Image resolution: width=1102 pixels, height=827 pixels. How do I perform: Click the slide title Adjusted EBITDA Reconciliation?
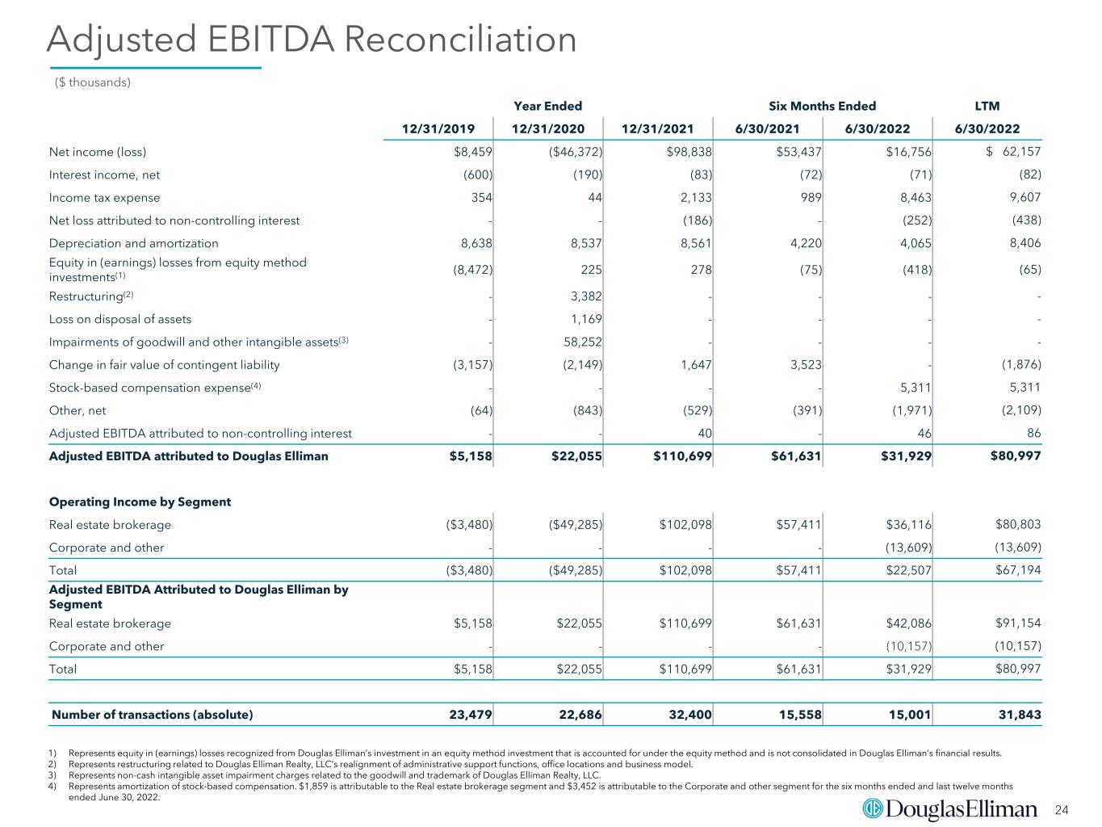click(312, 40)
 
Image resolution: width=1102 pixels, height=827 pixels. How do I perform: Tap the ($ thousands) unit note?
click(92, 82)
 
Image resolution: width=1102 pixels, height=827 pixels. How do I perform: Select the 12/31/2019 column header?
click(438, 129)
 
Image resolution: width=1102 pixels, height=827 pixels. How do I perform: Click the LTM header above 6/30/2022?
click(987, 106)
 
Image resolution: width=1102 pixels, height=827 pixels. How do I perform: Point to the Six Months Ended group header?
click(822, 106)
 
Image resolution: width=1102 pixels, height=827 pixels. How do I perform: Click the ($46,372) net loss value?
click(576, 152)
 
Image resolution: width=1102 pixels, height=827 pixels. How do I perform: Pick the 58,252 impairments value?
click(583, 342)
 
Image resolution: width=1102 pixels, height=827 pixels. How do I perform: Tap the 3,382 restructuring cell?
click(586, 296)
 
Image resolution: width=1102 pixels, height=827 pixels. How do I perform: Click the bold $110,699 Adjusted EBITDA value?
click(682, 456)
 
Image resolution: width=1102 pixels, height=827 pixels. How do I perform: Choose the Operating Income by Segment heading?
click(140, 502)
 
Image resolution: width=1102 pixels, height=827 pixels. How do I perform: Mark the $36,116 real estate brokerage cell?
click(908, 525)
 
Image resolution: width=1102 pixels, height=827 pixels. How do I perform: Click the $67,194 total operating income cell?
click(1018, 570)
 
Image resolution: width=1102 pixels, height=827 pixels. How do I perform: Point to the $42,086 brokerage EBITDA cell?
click(908, 623)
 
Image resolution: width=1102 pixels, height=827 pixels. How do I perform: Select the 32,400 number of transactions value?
click(689, 714)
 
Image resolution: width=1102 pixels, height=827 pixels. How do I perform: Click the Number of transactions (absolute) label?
click(152, 715)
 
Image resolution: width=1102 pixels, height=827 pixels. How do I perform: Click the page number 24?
click(1062, 809)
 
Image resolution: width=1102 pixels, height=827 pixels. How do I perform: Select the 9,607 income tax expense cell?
click(1025, 197)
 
